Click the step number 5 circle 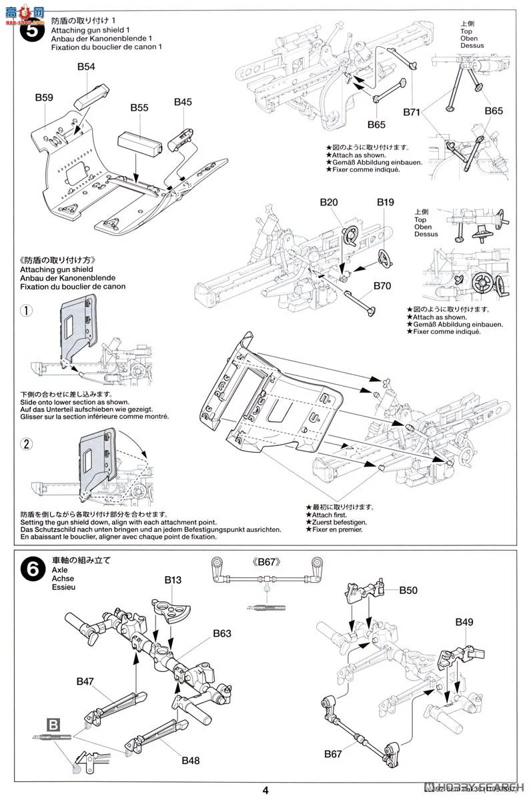point(32,30)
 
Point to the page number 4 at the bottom point(265,790)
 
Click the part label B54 point(86,67)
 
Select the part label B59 point(44,97)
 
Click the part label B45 point(183,102)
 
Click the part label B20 point(329,201)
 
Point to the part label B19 point(386,201)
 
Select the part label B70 point(382,286)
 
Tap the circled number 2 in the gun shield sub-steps point(25,444)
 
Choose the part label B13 point(173,580)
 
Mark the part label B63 point(223,633)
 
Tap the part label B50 point(408,591)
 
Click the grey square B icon point(53,723)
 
